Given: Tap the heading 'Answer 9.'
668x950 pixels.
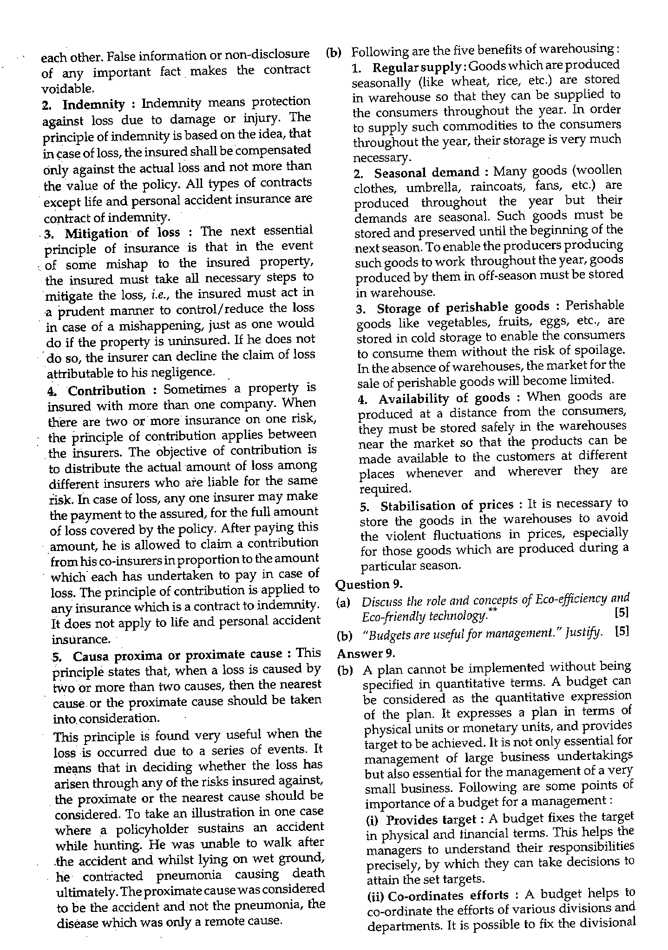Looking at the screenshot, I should point(366,653).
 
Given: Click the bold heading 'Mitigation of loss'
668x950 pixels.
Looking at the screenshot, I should point(122,233).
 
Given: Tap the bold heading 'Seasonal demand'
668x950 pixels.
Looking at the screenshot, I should point(426,173).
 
